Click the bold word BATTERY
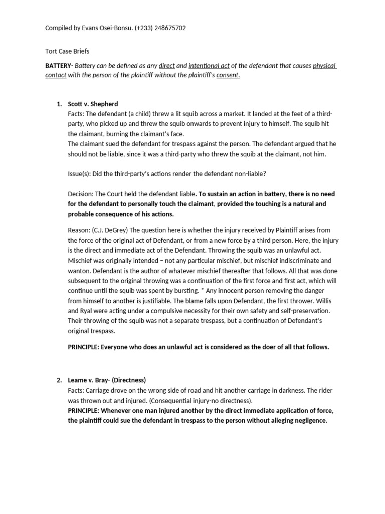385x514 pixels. pyautogui.click(x=58, y=66)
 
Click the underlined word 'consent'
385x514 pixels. pyautogui.click(x=228, y=75)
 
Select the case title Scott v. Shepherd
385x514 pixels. pyautogui.click(x=93, y=104)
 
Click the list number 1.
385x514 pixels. pyautogui.click(x=58, y=104)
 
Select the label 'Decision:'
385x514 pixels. pyautogui.click(x=80, y=194)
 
